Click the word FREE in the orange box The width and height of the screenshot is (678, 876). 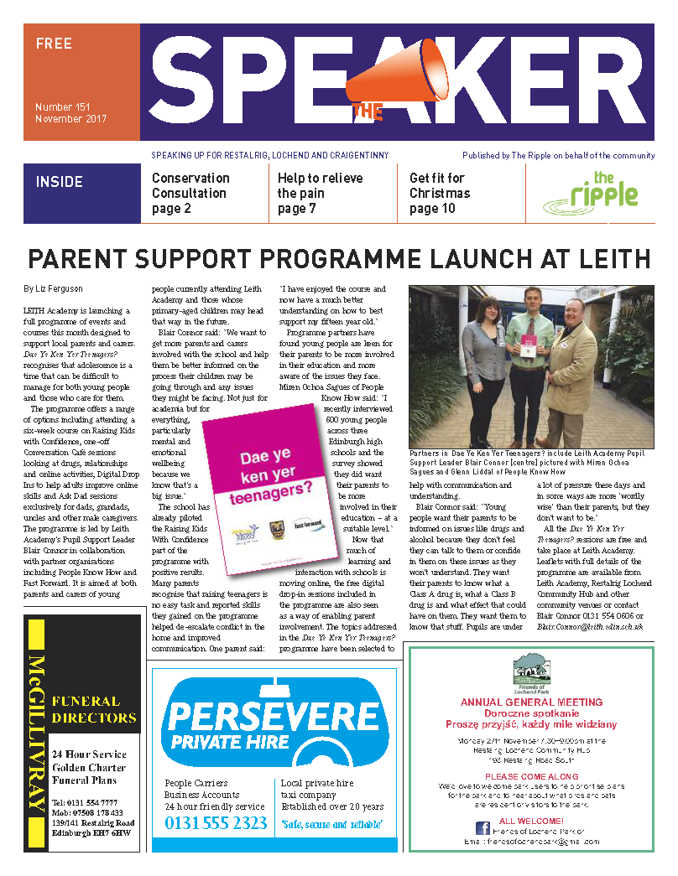click(54, 44)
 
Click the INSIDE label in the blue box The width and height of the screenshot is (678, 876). click(60, 182)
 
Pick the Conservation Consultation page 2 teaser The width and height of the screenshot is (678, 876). click(190, 193)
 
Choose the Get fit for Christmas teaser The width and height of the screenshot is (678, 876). click(439, 193)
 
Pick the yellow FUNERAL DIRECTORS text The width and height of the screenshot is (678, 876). click(93, 709)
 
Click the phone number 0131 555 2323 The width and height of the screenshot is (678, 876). click(216, 823)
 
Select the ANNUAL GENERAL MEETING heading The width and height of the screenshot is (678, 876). click(531, 702)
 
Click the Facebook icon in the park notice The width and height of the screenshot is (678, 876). click(482, 828)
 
